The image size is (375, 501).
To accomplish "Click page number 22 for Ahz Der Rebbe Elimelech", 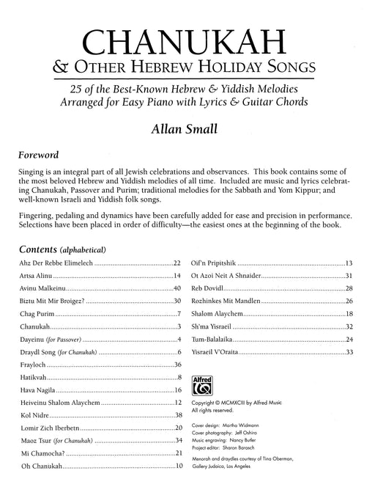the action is (177, 263).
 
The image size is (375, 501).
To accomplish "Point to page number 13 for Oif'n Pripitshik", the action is (349, 263).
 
